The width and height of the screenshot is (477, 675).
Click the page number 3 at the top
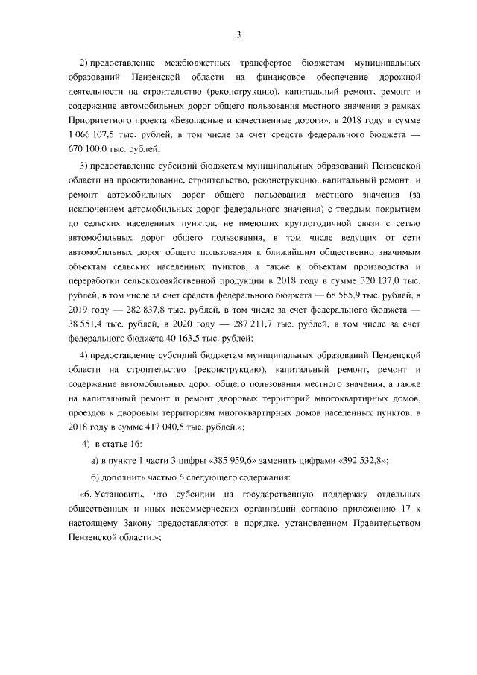point(238,34)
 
